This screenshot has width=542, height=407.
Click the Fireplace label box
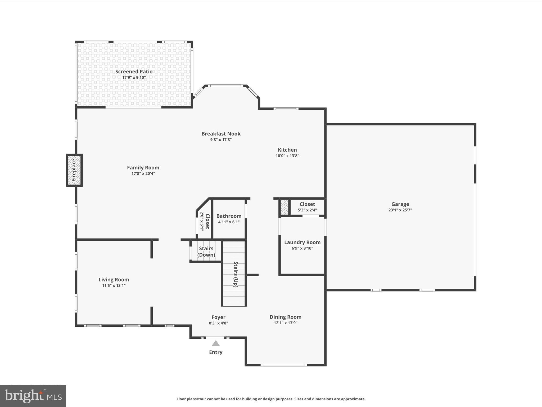74,170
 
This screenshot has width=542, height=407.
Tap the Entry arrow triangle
216,343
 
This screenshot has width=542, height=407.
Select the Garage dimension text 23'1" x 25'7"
400,210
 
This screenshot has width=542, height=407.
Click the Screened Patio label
134,72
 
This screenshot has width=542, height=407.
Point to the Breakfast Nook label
221,134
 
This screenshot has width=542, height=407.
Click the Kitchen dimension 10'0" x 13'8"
287,156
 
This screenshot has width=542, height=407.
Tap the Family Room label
143,168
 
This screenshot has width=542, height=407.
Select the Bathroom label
229,216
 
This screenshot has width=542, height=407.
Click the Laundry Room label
302,242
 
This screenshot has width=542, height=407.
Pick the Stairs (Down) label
206,251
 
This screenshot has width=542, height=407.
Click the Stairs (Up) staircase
234,274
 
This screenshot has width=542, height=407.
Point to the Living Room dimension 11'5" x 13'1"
114,286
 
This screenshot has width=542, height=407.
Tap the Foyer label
218,317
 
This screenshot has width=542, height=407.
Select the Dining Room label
285,317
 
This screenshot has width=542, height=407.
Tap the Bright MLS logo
33,396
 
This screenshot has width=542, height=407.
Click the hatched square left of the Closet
284,207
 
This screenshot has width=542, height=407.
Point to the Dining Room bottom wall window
284,365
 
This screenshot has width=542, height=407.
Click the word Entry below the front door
216,352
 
